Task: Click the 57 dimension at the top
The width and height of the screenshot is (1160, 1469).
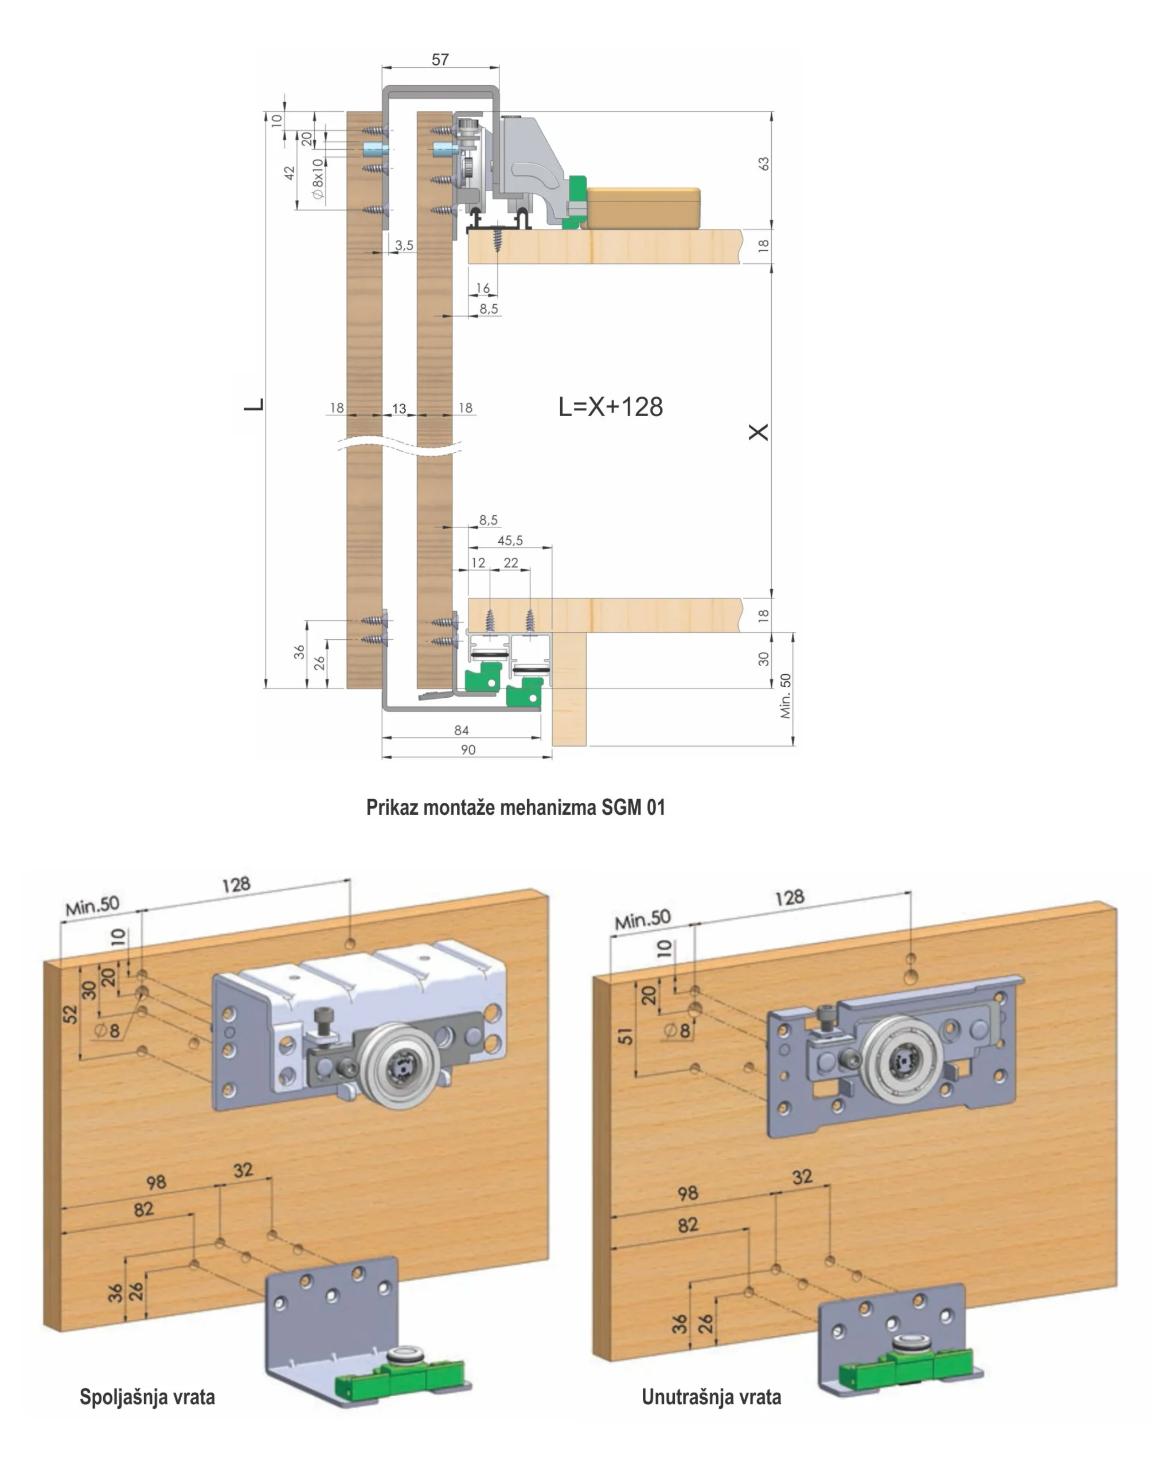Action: coord(440,60)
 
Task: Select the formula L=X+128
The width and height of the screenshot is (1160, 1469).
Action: coord(610,406)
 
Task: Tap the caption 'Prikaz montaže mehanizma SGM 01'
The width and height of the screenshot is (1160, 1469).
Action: coord(515,807)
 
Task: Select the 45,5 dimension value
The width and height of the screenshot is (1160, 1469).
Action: coord(510,541)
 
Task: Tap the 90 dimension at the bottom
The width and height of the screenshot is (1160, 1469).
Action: coord(468,749)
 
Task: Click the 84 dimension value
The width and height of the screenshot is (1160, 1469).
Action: coord(461,730)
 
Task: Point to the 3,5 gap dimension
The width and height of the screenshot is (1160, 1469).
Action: coord(404,245)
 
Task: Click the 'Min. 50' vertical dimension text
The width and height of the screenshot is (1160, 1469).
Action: coord(786,696)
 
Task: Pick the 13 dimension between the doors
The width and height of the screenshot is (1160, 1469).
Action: coord(399,409)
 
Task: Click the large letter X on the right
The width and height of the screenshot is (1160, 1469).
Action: coord(758,432)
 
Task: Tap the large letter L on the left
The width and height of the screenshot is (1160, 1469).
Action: coord(254,405)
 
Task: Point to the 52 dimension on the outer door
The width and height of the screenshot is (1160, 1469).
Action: coord(71,1014)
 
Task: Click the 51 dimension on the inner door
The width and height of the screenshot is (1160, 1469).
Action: coord(626,1036)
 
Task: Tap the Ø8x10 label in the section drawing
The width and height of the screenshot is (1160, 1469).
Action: coord(318,178)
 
